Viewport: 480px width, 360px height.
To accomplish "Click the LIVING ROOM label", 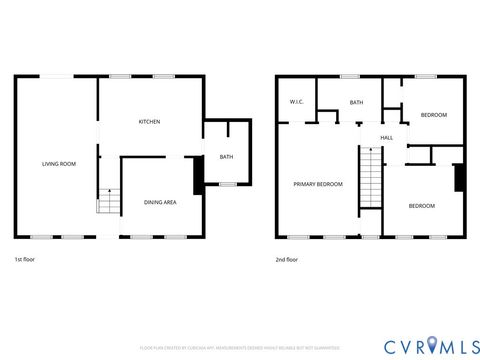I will point(58,163).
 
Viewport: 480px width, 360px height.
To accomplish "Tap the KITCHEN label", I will point(149,122).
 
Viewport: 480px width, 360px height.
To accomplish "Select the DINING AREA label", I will point(160,203).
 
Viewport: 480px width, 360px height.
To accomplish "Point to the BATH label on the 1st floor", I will point(226,157).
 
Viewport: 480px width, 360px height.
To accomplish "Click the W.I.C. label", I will point(296,103).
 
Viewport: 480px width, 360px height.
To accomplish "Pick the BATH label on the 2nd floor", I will point(356,103).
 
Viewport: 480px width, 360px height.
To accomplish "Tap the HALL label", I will point(386,137).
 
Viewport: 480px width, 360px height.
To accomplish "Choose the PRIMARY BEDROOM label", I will point(318,184).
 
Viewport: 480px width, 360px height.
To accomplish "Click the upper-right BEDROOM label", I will point(433,115).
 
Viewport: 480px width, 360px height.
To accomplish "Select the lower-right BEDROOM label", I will point(422,206).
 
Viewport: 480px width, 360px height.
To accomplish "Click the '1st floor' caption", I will point(25,260).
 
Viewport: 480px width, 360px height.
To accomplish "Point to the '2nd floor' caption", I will point(287,260).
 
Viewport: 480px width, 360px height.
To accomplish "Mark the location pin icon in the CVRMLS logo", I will point(431,345).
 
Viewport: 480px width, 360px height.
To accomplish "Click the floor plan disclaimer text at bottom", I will point(240,348).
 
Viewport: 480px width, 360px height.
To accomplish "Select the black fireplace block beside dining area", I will point(198,172).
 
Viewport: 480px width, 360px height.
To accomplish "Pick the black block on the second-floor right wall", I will point(459,178).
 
